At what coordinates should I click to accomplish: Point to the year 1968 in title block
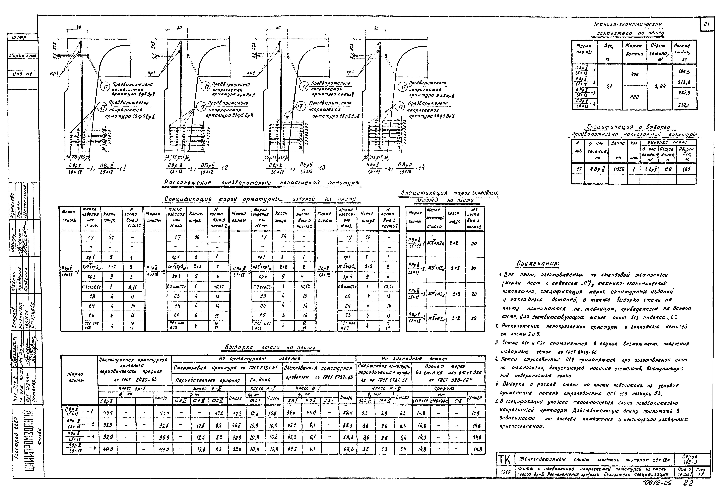[504, 472]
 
